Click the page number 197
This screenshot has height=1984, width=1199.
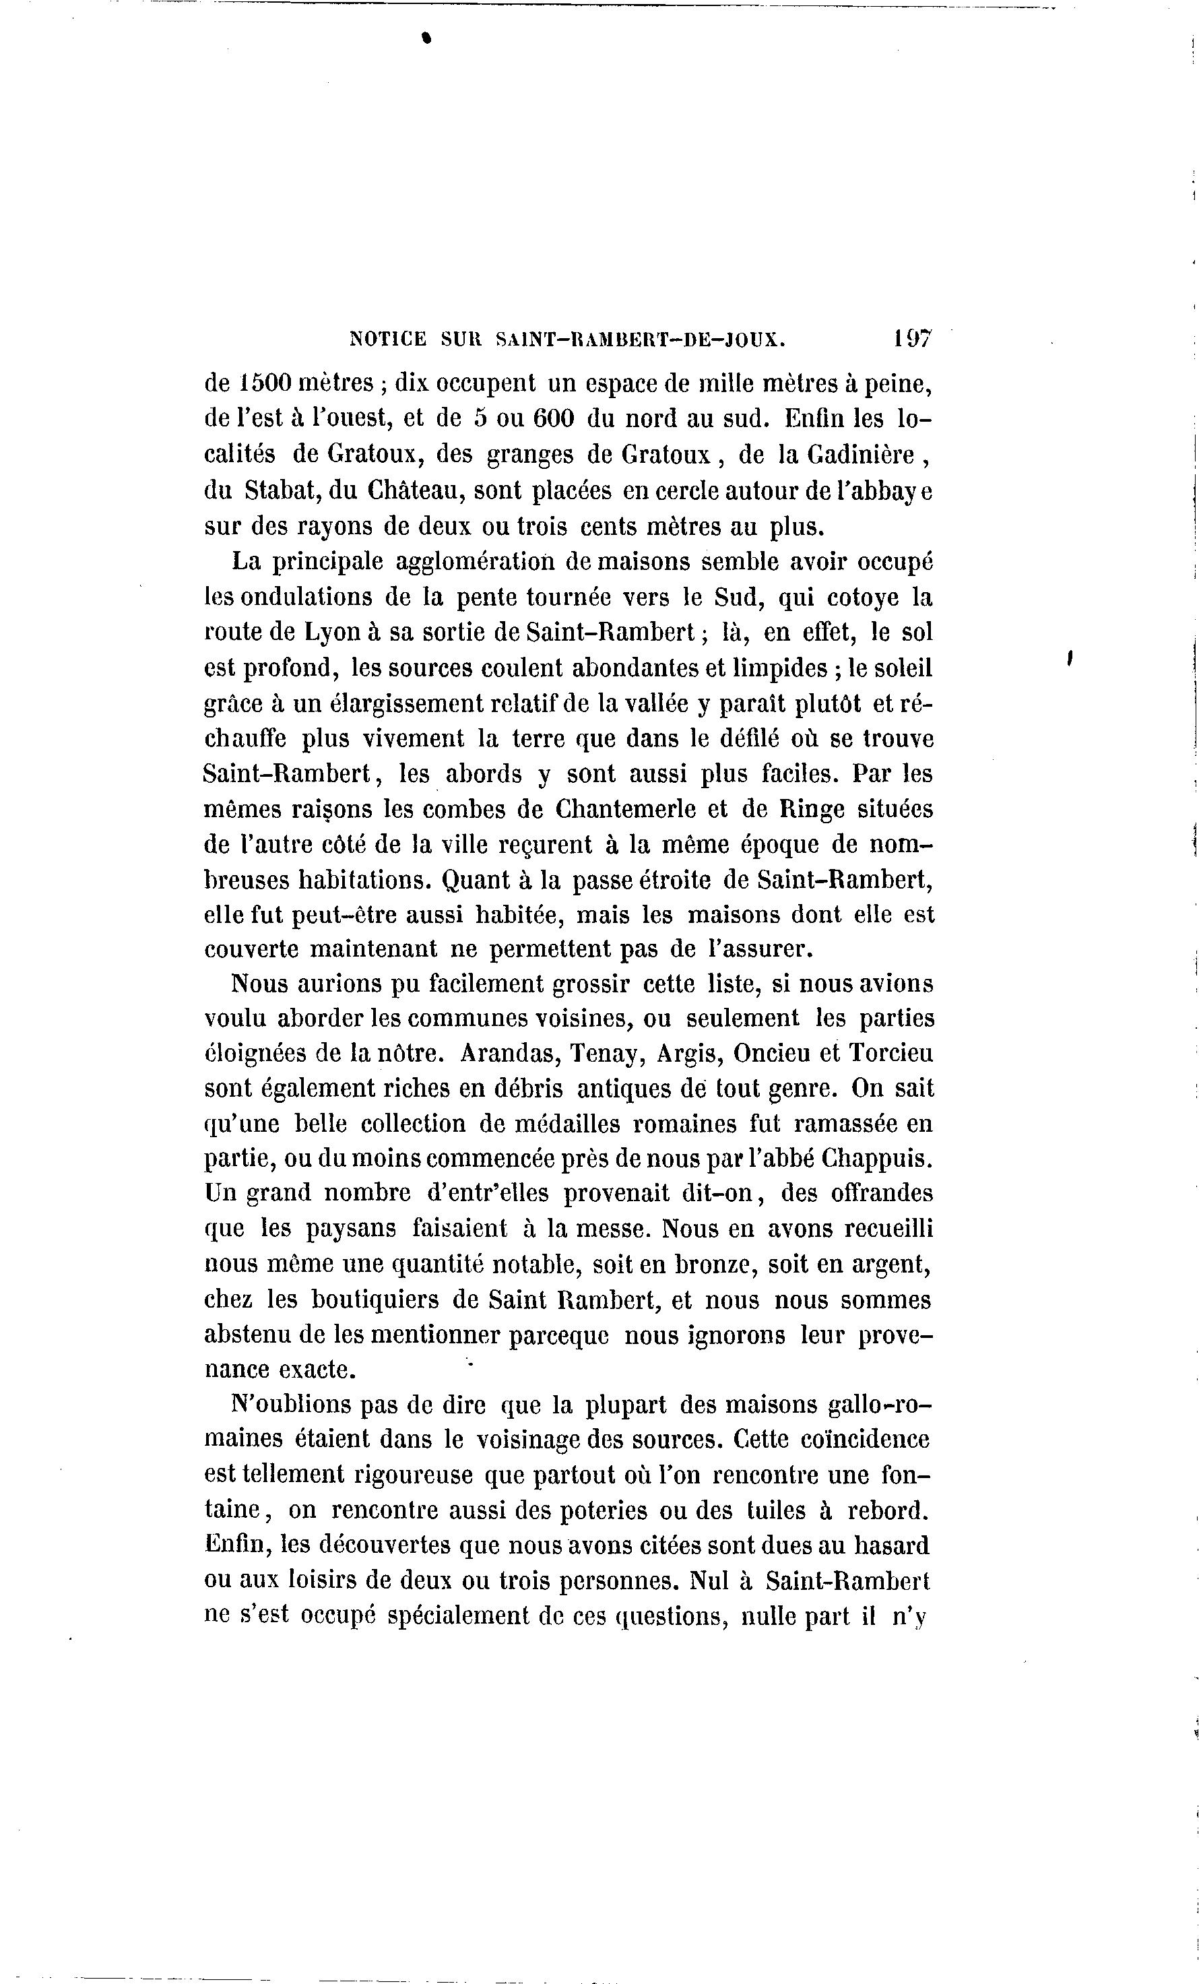[911, 338]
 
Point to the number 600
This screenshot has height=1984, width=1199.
[553, 419]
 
